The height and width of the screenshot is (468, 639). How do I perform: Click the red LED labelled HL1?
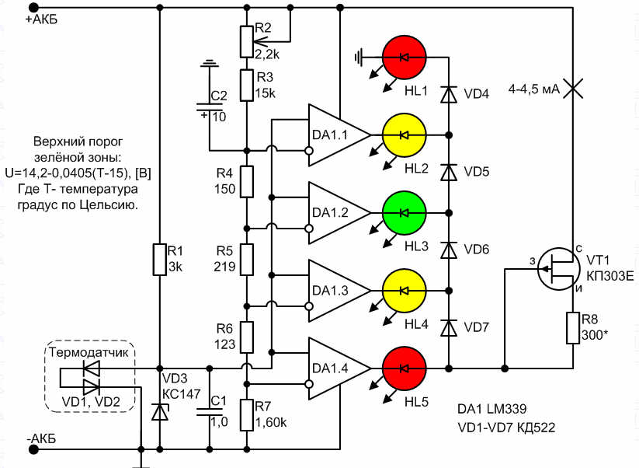[405, 58]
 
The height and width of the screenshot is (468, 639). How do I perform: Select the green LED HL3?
[405, 212]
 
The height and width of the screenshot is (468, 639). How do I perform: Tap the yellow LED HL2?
[405, 135]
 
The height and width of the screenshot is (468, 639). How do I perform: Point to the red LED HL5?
[405, 368]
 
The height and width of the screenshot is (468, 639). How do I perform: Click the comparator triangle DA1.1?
[339, 135]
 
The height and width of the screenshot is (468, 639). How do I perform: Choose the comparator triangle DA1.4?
[339, 368]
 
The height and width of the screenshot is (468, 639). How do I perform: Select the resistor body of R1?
[159, 260]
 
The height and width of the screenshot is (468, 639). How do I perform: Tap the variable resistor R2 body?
[247, 42]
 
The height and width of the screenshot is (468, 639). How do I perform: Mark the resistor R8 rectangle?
[573, 328]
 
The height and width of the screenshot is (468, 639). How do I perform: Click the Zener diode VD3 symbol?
[159, 411]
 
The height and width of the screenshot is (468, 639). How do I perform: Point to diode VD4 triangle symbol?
[449, 94]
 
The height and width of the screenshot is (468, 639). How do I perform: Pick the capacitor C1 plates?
[210, 411]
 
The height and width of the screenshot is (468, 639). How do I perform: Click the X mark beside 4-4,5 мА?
[573, 89]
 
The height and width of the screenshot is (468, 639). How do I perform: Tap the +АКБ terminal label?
[42, 19]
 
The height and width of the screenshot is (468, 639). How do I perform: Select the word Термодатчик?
[89, 352]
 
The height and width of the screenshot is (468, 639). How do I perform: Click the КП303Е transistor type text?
[610, 276]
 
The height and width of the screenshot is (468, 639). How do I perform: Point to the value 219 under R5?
[224, 267]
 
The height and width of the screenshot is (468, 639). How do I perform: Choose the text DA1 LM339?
[492, 408]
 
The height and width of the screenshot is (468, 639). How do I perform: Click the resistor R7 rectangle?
[247, 415]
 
